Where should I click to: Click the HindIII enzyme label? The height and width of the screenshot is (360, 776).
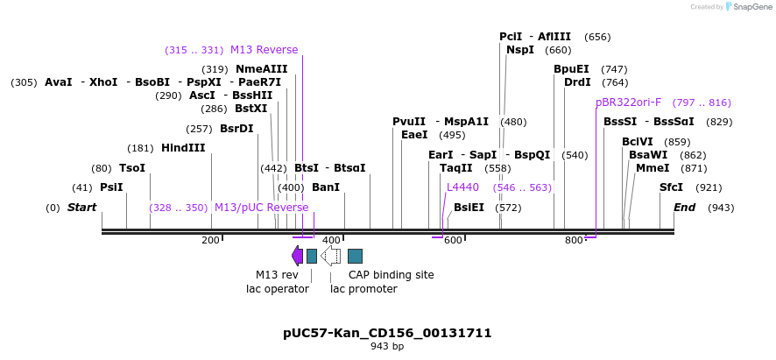click(x=183, y=148)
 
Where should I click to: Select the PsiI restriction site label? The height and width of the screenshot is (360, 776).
click(x=111, y=187)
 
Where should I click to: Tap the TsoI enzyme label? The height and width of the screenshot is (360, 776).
click(x=132, y=168)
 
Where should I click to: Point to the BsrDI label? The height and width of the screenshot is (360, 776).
click(x=236, y=129)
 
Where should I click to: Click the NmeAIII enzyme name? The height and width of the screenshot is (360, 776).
click(x=261, y=69)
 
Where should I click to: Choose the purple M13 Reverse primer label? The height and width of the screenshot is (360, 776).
click(x=264, y=50)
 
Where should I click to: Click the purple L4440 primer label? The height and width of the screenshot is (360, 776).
click(x=462, y=187)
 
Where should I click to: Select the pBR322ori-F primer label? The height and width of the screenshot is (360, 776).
click(x=629, y=102)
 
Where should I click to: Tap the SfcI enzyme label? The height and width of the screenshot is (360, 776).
click(x=671, y=187)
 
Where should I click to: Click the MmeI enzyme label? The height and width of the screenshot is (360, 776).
click(x=653, y=168)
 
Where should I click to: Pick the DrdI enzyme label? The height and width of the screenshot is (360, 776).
click(x=577, y=82)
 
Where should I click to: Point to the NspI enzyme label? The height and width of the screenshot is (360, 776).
click(x=520, y=50)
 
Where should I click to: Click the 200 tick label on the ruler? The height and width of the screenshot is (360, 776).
click(x=211, y=240)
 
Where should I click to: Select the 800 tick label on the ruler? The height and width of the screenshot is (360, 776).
click(x=574, y=240)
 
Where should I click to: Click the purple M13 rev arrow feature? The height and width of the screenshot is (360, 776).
click(x=298, y=256)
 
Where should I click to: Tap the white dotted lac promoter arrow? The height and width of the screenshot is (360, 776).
click(x=330, y=256)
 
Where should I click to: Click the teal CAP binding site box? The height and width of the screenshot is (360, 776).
click(x=355, y=256)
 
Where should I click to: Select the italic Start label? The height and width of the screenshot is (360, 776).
click(x=81, y=208)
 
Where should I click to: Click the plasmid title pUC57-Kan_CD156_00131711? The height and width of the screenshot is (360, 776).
click(x=387, y=333)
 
